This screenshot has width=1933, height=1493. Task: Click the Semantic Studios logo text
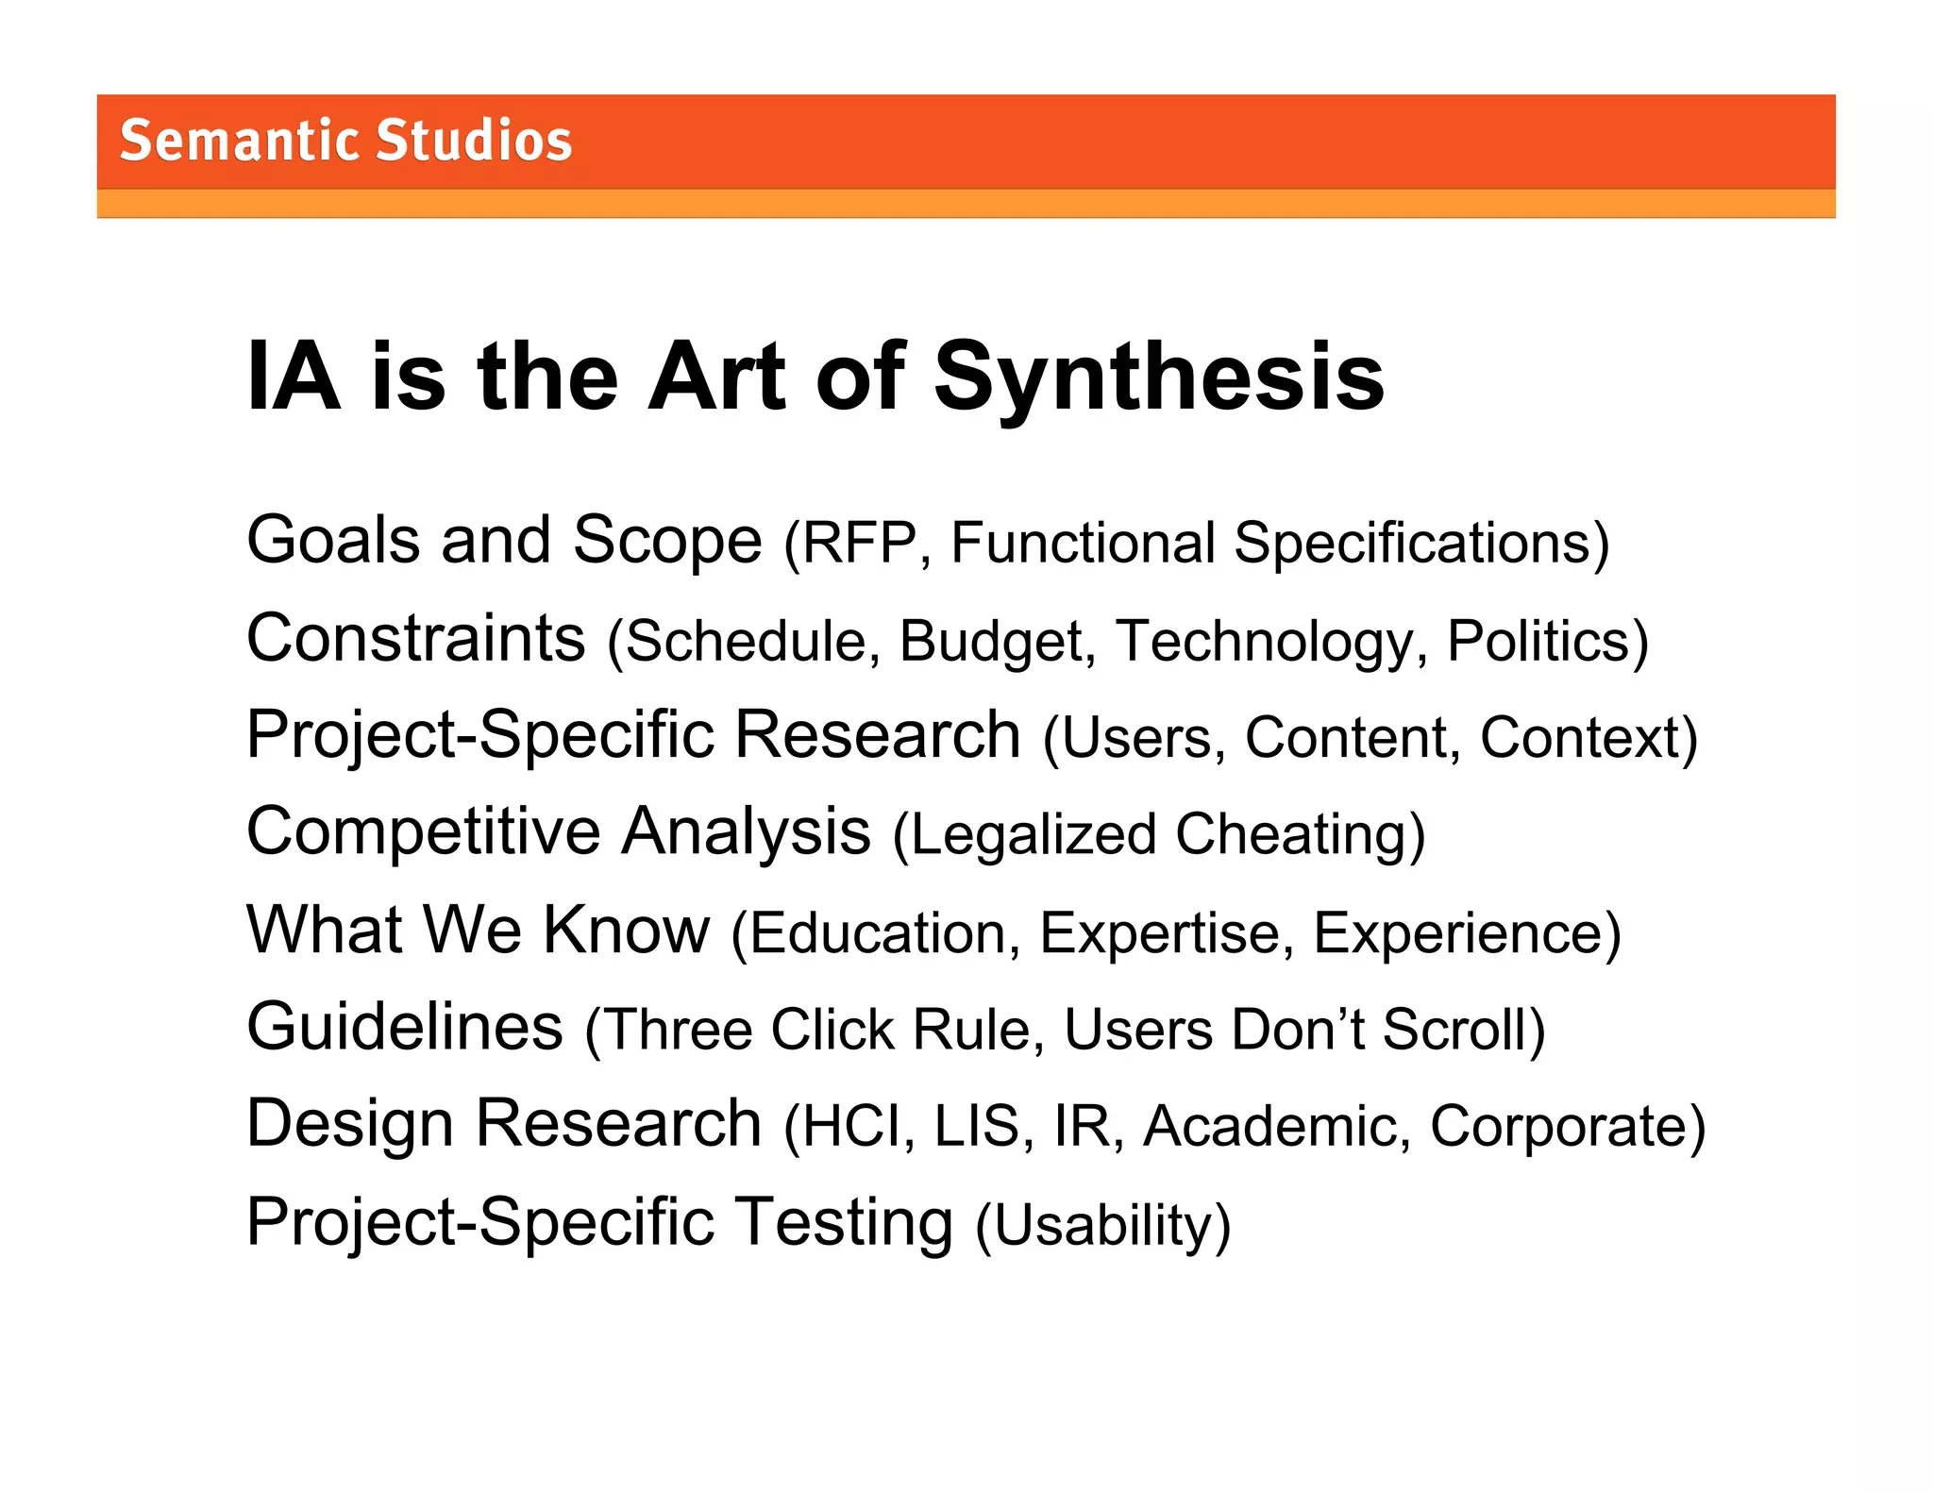tap(345, 141)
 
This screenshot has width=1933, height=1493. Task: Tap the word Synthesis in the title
tap(1159, 377)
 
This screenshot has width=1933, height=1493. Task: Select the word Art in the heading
tap(716, 377)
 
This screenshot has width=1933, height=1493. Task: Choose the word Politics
tap(1538, 642)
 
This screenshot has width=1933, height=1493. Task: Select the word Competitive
tap(423, 831)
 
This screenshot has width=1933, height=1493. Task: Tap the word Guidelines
tap(405, 1027)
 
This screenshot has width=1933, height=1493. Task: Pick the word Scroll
tap(1454, 1030)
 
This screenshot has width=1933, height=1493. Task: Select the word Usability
tap(1102, 1225)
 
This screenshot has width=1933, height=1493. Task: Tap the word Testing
tap(844, 1222)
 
